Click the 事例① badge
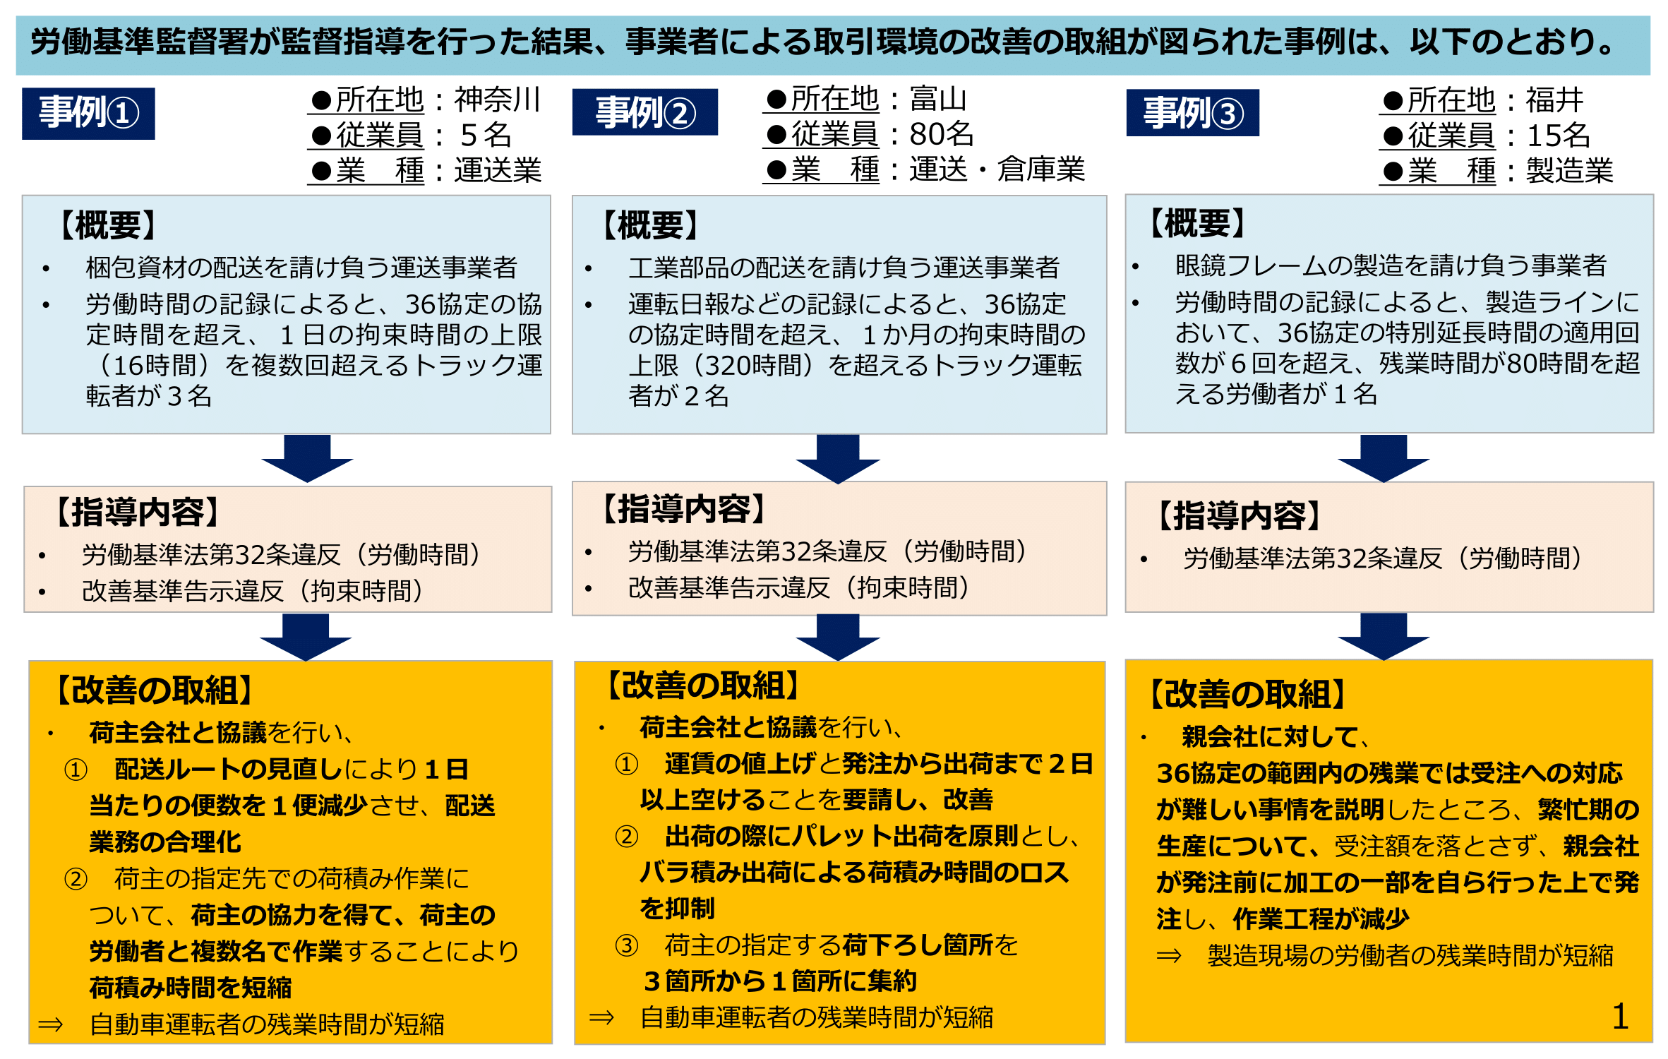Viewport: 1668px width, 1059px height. point(88,113)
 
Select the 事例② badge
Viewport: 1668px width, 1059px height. point(644,112)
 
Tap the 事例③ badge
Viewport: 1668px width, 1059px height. point(1192,113)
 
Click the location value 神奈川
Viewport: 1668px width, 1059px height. point(498,100)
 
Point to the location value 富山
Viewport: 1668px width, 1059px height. point(938,99)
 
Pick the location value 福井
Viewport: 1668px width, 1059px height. point(1554,100)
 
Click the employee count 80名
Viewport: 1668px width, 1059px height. point(941,134)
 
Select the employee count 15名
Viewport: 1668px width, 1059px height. point(1558,136)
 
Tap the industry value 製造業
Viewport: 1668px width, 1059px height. point(1569,171)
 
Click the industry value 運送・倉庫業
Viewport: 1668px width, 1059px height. point(997,169)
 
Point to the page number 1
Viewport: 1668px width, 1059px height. point(1620,1017)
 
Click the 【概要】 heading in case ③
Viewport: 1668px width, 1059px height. point(1197,224)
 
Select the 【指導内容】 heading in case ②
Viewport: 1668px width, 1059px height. point(684,509)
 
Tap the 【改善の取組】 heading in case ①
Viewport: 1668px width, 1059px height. point(154,690)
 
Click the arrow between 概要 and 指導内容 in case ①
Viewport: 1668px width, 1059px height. point(307,458)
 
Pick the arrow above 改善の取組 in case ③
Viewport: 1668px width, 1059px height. point(1383,636)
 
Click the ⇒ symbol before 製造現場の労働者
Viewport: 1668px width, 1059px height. point(1168,956)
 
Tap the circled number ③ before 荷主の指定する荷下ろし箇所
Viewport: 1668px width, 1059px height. point(626,945)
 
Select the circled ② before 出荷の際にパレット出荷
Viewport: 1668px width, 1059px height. point(626,837)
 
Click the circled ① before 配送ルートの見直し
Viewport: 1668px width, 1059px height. point(76,770)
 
